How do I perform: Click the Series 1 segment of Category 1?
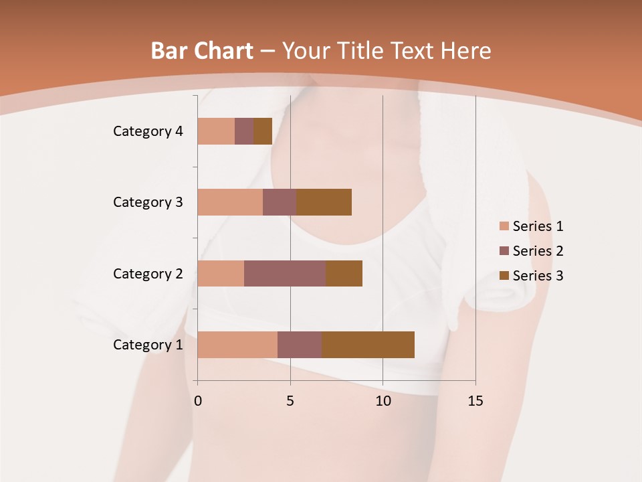coord(237,345)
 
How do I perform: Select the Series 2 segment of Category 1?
coord(300,345)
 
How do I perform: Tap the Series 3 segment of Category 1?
coord(368,345)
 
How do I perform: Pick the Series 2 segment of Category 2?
coord(285,273)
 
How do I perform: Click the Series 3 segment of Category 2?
coord(344,273)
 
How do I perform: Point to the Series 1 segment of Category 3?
coord(230,202)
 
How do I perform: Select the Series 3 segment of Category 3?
coord(324,202)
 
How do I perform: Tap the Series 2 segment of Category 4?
coord(244,131)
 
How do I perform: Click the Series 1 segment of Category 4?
coord(216,131)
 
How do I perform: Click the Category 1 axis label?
coord(148,345)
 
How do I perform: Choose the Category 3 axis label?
coord(148,202)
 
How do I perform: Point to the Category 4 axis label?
coord(148,131)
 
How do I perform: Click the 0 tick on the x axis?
coord(198,401)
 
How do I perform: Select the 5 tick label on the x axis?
coord(290,401)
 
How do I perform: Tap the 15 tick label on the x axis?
coord(475,401)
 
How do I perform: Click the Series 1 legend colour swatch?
coord(504,226)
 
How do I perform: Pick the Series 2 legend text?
coord(538,251)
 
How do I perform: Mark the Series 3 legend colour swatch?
coord(504,276)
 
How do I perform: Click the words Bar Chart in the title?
coord(202,51)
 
